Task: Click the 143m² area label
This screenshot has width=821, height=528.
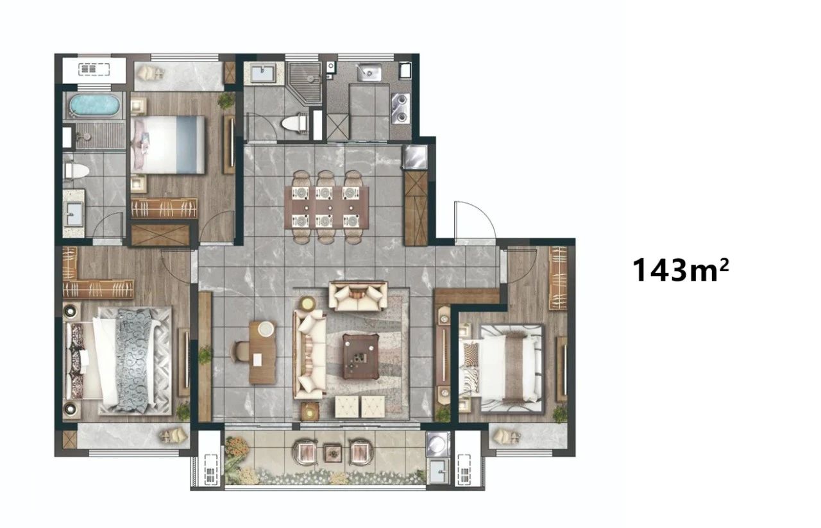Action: click(x=681, y=270)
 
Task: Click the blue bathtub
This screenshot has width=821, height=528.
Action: click(x=95, y=104)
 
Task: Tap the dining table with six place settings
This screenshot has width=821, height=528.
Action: click(x=327, y=208)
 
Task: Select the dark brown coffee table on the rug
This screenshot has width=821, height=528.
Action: click(x=360, y=357)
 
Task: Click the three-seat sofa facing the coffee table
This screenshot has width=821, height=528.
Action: click(x=310, y=354)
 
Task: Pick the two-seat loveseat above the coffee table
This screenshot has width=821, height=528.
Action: click(x=358, y=296)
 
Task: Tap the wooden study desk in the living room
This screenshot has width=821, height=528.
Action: click(x=262, y=352)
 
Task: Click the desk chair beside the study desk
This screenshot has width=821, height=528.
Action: click(x=240, y=352)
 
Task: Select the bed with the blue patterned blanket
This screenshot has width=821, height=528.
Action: click(x=118, y=361)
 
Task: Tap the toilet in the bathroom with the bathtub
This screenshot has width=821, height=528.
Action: click(x=76, y=171)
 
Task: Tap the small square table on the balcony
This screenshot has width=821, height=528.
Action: click(x=333, y=453)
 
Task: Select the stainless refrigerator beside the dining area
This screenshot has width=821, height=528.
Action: click(x=415, y=157)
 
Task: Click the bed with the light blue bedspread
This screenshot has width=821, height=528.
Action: click(x=168, y=145)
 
